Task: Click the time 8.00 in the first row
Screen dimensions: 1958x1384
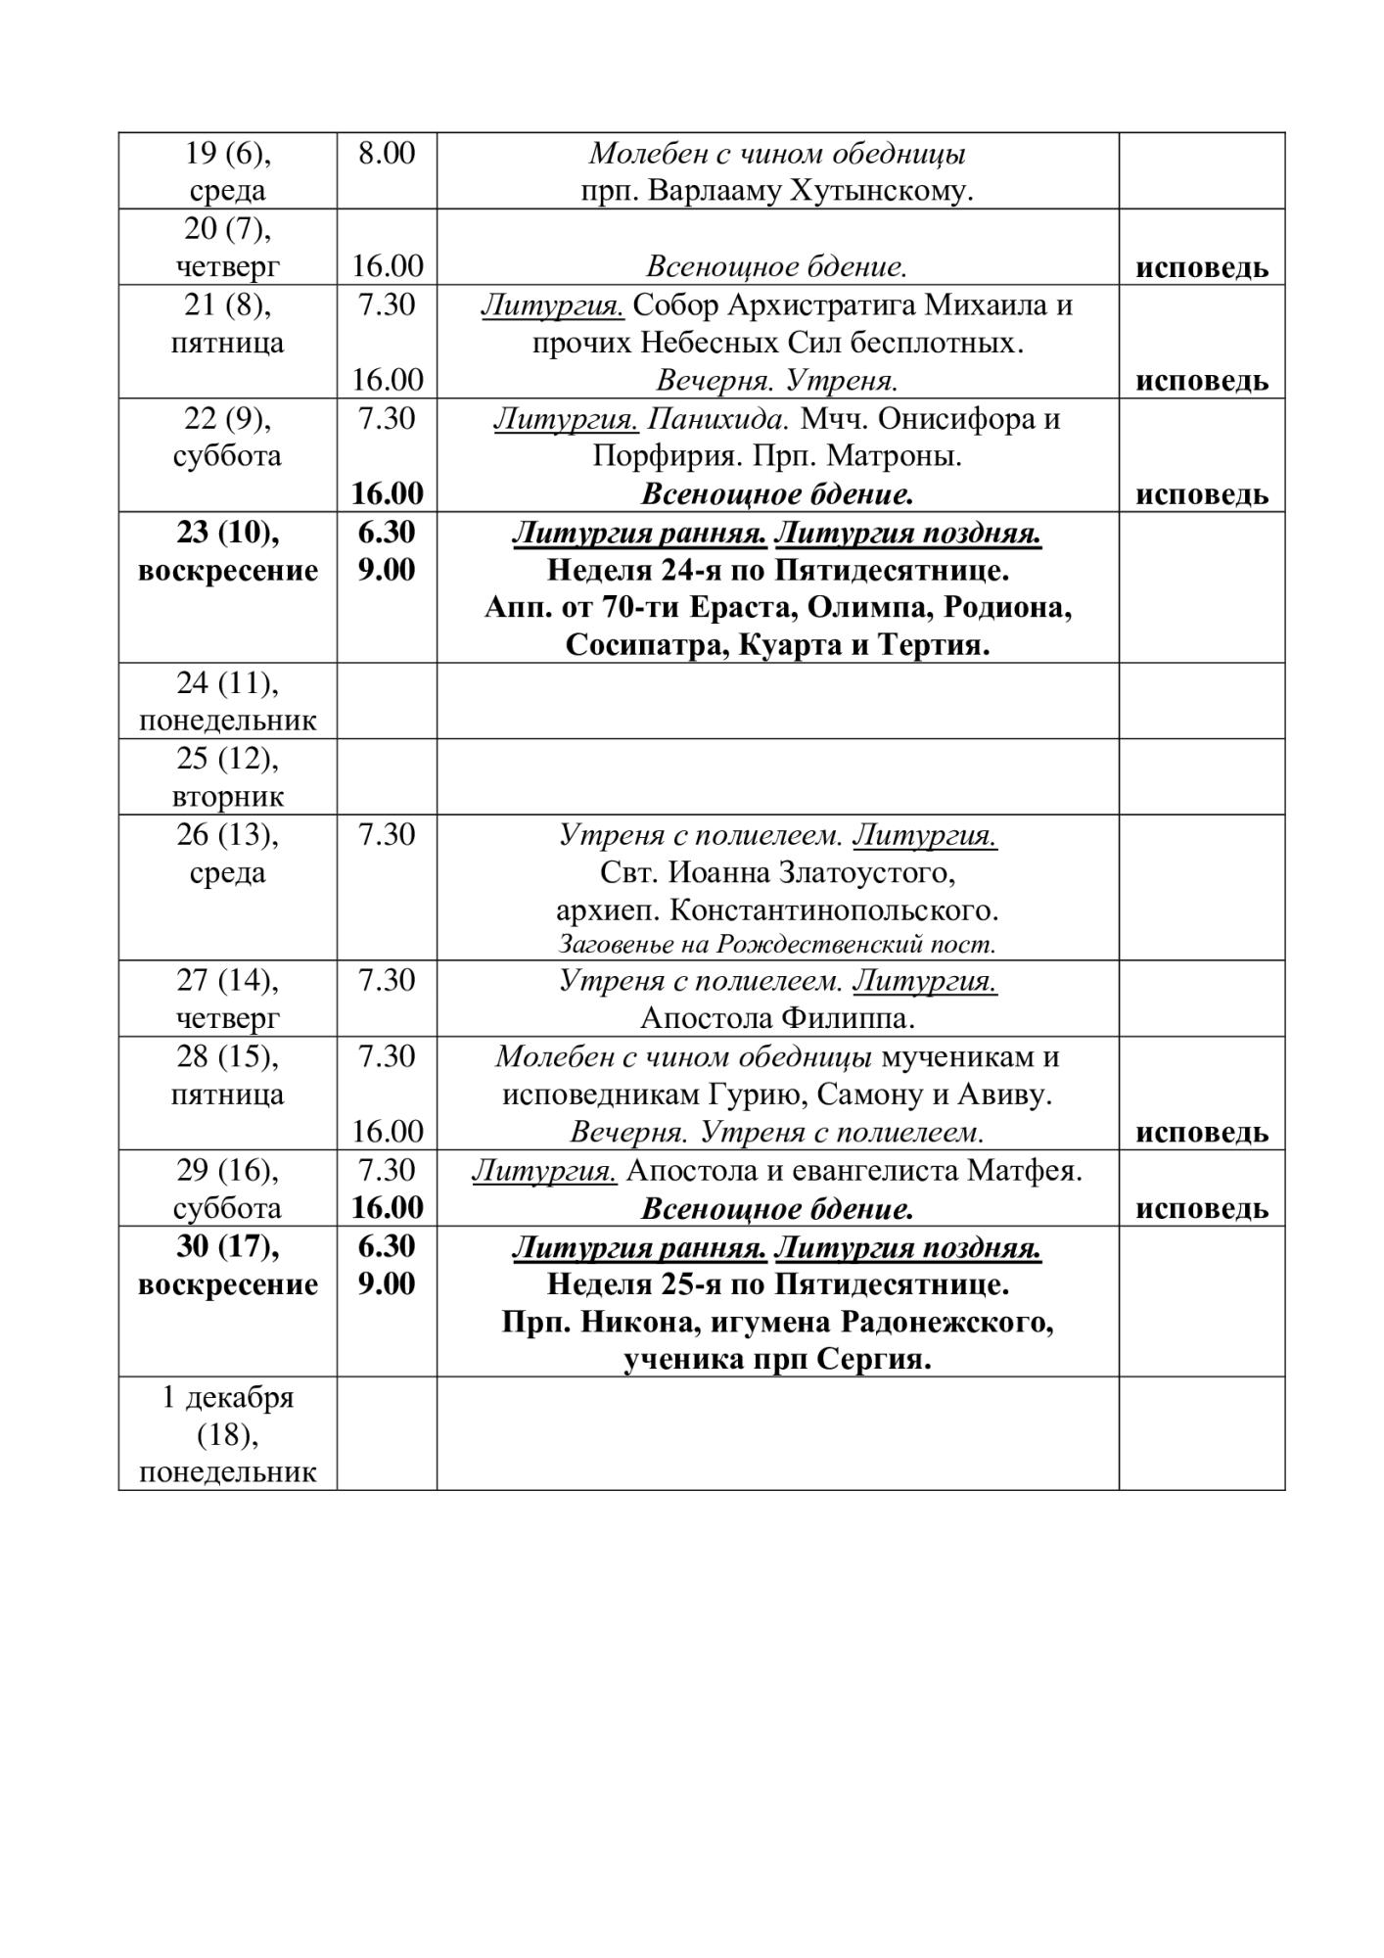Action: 386,153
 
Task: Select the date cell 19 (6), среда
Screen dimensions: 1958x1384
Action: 227,171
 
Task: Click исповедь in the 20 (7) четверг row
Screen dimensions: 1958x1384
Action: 1201,267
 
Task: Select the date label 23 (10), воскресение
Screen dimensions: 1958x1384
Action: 227,551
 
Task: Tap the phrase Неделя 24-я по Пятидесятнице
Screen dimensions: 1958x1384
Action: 777,570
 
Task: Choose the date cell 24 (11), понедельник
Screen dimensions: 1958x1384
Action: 227,702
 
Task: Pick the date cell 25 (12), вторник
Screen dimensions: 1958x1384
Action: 227,777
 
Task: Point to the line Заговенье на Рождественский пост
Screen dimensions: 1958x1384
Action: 777,945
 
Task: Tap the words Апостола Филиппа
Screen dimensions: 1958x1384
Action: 777,1018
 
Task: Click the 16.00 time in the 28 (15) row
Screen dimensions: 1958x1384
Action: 387,1132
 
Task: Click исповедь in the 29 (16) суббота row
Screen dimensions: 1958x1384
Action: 1201,1209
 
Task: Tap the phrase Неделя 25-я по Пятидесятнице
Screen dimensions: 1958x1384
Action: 777,1283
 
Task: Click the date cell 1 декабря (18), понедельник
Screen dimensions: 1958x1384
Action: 227,1434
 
